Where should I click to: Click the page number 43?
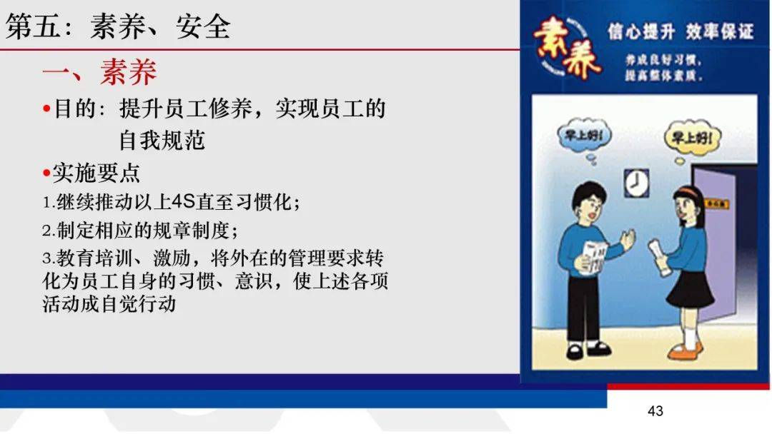655,410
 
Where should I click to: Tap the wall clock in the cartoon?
635,183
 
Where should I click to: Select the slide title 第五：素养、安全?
119,26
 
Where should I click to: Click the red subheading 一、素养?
99,72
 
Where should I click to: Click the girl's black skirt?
691,287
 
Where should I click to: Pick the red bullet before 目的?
46,109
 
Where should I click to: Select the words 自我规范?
162,140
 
